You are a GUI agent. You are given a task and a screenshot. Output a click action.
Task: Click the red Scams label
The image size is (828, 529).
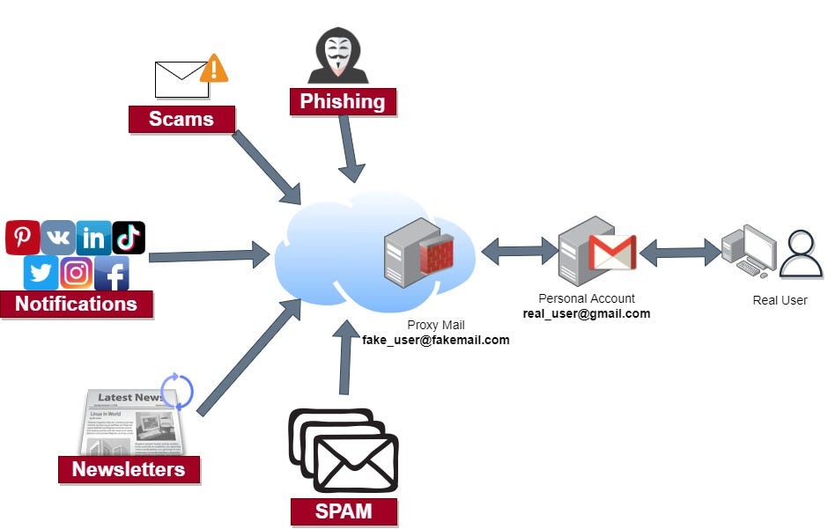click(x=181, y=119)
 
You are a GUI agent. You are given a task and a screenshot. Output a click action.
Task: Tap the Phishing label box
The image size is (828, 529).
click(x=343, y=101)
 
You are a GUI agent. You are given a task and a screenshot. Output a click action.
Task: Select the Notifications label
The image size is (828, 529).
click(x=77, y=305)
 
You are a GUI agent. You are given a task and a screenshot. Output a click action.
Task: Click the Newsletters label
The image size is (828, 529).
click(x=129, y=469)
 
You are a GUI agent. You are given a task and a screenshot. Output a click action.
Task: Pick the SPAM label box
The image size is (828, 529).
click(x=344, y=511)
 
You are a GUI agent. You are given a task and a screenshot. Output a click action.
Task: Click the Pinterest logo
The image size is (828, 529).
click(x=22, y=238)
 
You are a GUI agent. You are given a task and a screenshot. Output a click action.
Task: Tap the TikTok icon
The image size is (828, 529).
click(x=129, y=238)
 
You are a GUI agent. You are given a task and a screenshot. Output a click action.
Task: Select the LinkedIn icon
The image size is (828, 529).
click(x=93, y=238)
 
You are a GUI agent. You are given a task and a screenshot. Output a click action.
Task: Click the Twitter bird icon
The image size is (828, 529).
click(x=41, y=273)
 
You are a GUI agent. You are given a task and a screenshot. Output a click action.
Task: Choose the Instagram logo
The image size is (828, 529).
click(x=77, y=273)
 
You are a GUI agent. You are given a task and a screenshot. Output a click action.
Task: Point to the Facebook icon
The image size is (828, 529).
click(x=112, y=273)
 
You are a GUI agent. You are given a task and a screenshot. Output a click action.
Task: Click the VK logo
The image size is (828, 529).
click(x=58, y=238)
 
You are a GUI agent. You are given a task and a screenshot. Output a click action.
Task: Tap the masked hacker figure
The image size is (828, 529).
click(x=338, y=56)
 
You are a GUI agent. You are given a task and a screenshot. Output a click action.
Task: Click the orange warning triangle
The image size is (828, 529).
click(x=214, y=69)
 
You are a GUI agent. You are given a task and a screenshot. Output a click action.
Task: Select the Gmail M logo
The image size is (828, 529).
click(x=612, y=253)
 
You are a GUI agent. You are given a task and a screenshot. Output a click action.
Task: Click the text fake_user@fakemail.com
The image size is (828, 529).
click(x=436, y=340)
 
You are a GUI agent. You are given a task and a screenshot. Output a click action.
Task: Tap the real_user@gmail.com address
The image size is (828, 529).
click(x=587, y=313)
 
